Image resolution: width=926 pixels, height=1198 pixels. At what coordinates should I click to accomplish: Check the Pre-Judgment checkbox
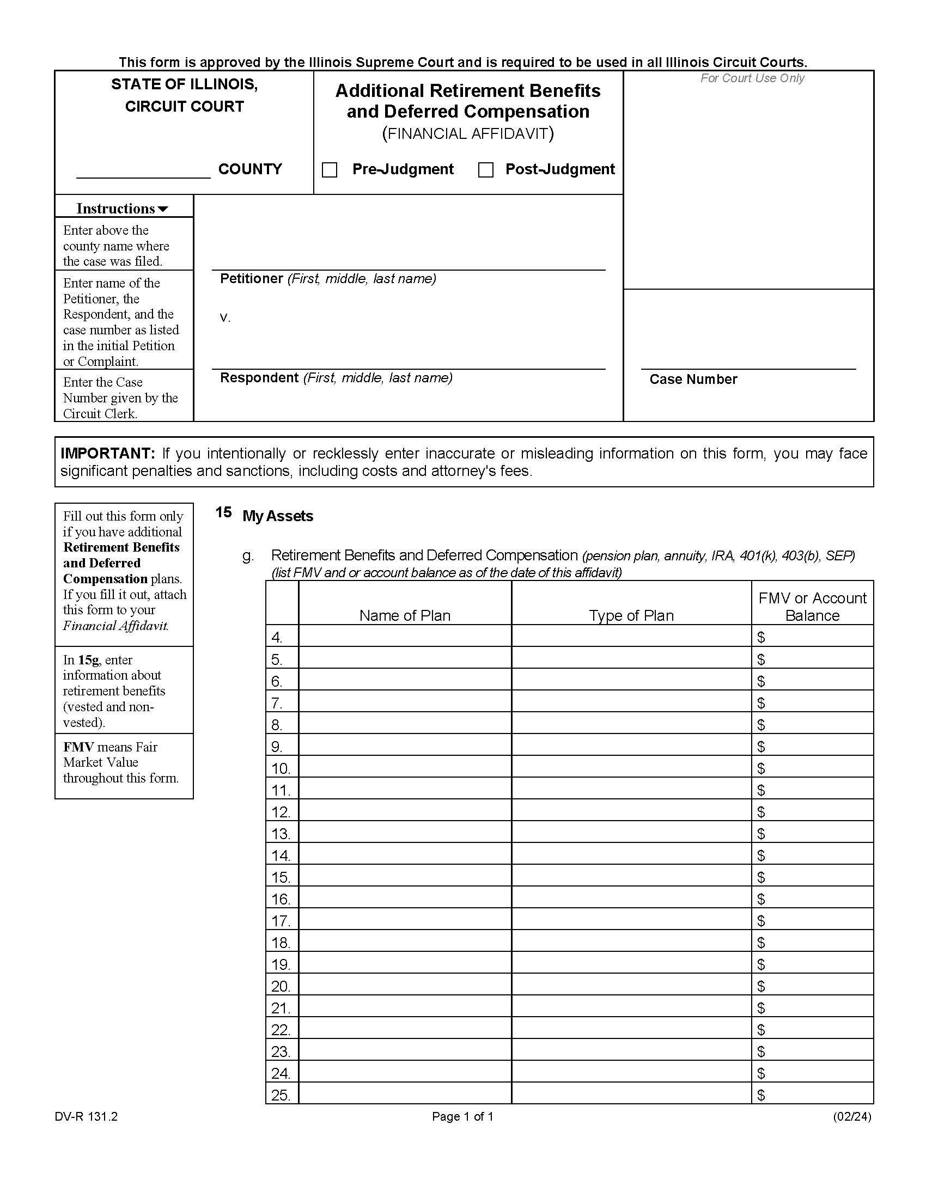tap(329, 170)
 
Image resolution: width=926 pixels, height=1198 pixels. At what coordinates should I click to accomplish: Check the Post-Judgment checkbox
tap(485, 170)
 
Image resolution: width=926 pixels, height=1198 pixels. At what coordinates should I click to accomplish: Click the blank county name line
tap(143, 171)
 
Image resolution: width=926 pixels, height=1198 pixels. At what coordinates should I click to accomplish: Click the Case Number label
tap(693, 380)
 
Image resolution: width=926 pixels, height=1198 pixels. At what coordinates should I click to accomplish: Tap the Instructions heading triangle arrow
tap(163, 209)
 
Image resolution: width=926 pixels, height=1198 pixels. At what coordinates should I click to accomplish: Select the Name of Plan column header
tap(405, 615)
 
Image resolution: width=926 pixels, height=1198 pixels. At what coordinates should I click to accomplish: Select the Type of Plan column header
tap(631, 615)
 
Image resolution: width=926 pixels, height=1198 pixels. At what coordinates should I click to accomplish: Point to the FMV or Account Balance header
tap(812, 607)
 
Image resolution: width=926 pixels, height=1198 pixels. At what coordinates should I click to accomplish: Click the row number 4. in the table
tap(277, 638)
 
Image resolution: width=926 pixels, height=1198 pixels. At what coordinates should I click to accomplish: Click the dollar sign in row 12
tap(760, 812)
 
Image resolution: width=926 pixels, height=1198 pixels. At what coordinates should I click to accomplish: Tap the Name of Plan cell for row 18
tap(405, 943)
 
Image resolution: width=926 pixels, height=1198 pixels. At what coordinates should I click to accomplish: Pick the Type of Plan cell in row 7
tap(631, 702)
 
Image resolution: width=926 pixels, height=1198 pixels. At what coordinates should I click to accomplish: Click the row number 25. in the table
tap(281, 1096)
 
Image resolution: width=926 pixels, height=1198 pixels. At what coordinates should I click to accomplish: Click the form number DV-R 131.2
tap(86, 1117)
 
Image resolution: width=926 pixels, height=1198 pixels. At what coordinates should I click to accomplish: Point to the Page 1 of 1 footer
tap(462, 1117)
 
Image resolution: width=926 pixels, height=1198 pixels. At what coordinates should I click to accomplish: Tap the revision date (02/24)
tap(851, 1117)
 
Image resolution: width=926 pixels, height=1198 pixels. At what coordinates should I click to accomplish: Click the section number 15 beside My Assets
tap(223, 512)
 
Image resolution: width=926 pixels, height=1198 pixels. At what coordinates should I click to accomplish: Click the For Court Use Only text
tap(752, 78)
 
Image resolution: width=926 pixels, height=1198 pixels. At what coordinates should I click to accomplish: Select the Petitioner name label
tap(251, 279)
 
